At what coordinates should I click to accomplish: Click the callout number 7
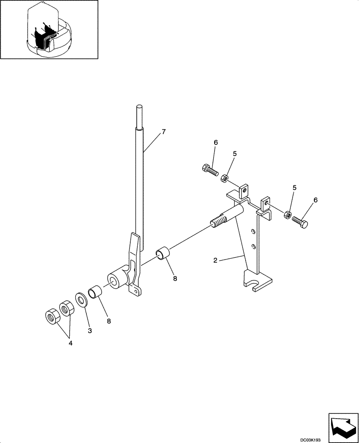[164, 132]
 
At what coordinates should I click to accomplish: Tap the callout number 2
[215, 260]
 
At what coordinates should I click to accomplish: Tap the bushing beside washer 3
[96, 293]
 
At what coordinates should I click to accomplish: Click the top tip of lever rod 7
[139, 106]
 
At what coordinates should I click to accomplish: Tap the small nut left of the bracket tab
[225, 179]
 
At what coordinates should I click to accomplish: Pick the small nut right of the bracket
[287, 215]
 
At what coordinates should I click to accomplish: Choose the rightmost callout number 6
[316, 200]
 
